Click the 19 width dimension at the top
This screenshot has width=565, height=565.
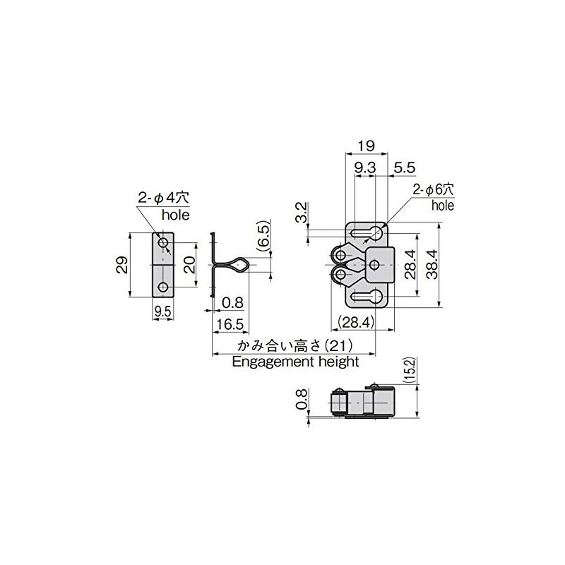click(365, 145)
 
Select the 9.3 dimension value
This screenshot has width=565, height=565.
click(364, 167)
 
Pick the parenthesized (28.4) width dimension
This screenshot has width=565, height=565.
click(355, 323)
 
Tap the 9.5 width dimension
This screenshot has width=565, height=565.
click(163, 311)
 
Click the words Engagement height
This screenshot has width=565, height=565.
click(295, 361)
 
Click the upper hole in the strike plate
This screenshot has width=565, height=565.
click(164, 244)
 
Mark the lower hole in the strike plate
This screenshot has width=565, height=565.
click(164, 287)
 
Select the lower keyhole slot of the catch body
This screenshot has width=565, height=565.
click(369, 297)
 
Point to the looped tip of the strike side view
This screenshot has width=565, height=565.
click(240, 266)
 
